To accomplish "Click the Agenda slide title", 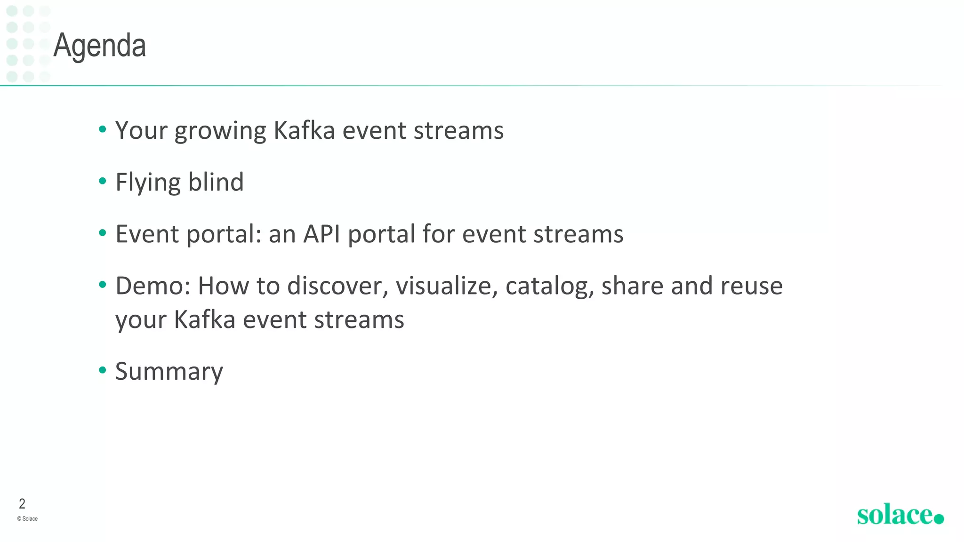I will [x=99, y=46].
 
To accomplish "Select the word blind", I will [x=216, y=182].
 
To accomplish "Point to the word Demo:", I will [x=153, y=286].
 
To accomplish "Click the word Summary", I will [x=169, y=372].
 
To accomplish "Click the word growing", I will [x=220, y=131].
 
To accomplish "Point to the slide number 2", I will [x=22, y=504].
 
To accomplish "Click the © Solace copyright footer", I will [x=27, y=519].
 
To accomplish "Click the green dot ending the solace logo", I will [x=939, y=518].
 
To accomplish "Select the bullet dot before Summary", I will [x=103, y=370].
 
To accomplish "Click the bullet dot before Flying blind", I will [x=103, y=181].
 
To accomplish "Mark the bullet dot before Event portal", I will [x=103, y=233].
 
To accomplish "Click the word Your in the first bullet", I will [x=141, y=130].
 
